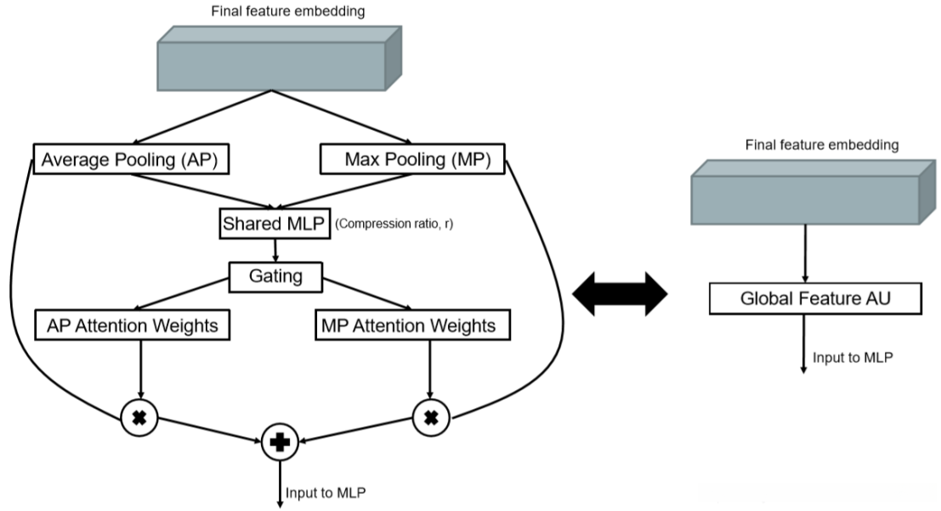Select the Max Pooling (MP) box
click(411, 159)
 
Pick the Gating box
click(276, 275)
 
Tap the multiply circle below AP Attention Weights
click(139, 417)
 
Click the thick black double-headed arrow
click(620, 296)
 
